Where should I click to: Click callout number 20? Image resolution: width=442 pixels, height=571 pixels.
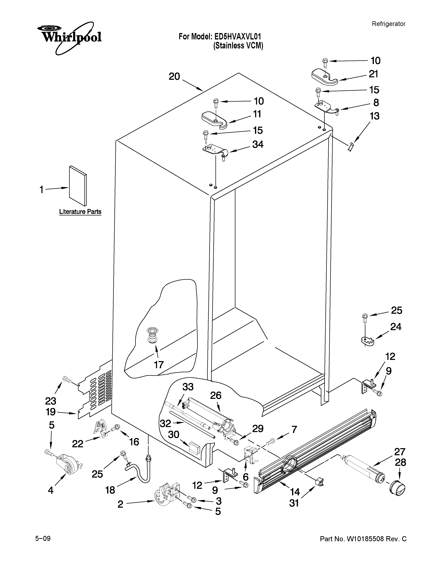(174, 77)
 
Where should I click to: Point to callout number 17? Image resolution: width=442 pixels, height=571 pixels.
(159, 364)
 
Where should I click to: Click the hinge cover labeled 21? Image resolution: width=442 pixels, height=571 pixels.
(324, 77)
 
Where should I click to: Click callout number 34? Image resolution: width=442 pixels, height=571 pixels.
(258, 144)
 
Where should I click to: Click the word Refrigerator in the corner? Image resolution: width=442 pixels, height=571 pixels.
(389, 24)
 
